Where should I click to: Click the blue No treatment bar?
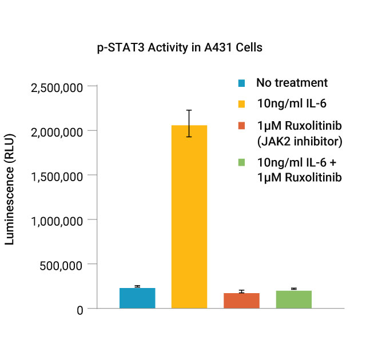(137, 298)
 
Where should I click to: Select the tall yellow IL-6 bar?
(189, 217)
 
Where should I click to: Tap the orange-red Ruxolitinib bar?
(241, 301)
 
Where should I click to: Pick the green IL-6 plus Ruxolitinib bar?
(293, 299)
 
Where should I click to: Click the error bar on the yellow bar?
(189, 123)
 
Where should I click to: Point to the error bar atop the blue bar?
(137, 286)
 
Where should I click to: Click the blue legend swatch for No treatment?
(242, 83)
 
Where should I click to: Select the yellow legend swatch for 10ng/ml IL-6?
(242, 104)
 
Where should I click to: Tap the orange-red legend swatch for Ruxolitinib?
(242, 125)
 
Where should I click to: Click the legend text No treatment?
(292, 83)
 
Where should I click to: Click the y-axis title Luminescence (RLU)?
(10, 189)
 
